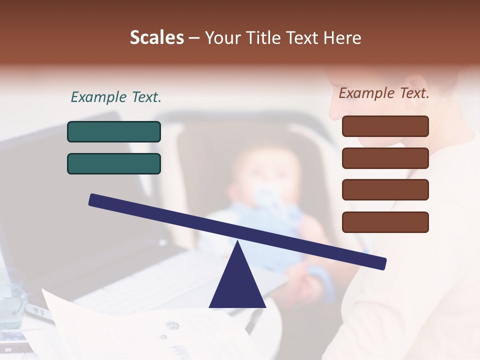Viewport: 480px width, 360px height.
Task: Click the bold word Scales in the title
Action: pyautogui.click(x=157, y=38)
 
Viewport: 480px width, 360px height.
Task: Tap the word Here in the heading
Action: pyautogui.click(x=342, y=38)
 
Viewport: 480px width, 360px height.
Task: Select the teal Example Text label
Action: pyautogui.click(x=116, y=97)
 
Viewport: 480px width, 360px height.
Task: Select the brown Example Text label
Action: pyautogui.click(x=384, y=93)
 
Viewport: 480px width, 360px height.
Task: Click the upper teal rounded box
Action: pyautogui.click(x=114, y=131)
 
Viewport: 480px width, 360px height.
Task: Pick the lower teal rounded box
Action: pyautogui.click(x=114, y=163)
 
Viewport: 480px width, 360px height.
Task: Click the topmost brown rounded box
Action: pyautogui.click(x=385, y=126)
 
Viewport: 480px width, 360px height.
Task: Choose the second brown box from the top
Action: pyautogui.click(x=385, y=158)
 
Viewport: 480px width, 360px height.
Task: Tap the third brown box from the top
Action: pyautogui.click(x=385, y=190)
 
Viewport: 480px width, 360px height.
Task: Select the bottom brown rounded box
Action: pyautogui.click(x=385, y=222)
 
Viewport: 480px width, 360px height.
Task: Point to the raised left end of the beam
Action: pyautogui.click(x=93, y=200)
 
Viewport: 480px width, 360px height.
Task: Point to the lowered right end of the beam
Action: pyautogui.click(x=382, y=263)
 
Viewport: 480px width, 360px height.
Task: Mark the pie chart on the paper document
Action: pyautogui.click(x=172, y=325)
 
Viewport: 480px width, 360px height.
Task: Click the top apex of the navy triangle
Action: pyautogui.click(x=237, y=241)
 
